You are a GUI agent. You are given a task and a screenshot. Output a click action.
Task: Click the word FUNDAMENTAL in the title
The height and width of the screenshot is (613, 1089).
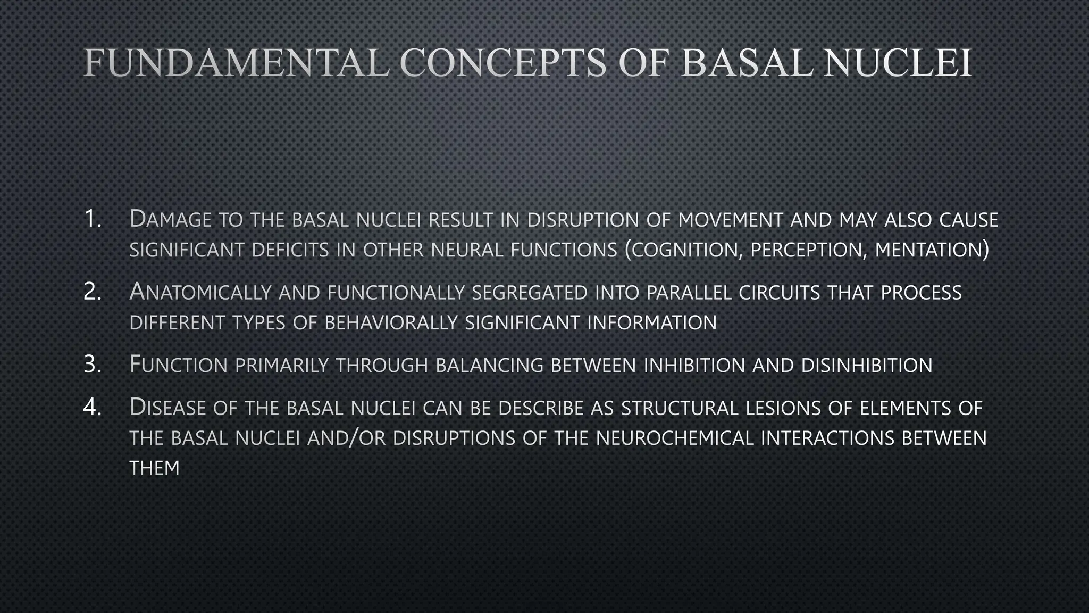pyautogui.click(x=236, y=63)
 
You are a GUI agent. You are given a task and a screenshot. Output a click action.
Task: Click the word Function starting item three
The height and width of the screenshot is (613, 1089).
pyautogui.click(x=179, y=365)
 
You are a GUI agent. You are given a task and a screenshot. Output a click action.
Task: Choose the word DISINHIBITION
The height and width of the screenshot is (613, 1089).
pyautogui.click(x=866, y=366)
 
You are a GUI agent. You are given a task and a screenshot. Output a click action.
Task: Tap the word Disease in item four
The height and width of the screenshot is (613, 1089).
pyautogui.click(x=167, y=408)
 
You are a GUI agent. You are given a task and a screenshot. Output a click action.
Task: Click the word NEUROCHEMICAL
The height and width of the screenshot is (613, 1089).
pyautogui.click(x=675, y=438)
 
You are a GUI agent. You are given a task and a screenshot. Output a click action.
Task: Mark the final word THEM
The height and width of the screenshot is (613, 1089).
pyautogui.click(x=154, y=469)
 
